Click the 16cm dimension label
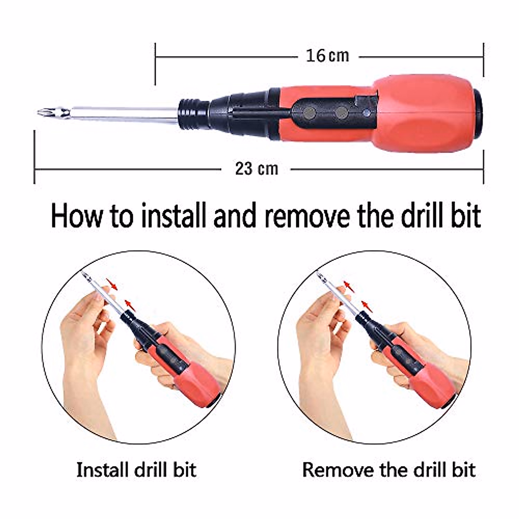[327, 56]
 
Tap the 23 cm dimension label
[256, 168]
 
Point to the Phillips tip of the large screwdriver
[43, 113]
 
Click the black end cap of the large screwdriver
[477, 114]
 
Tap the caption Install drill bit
[136, 470]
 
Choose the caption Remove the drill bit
[388, 470]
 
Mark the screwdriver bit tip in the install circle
[84, 275]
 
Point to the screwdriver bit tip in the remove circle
[319, 275]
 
